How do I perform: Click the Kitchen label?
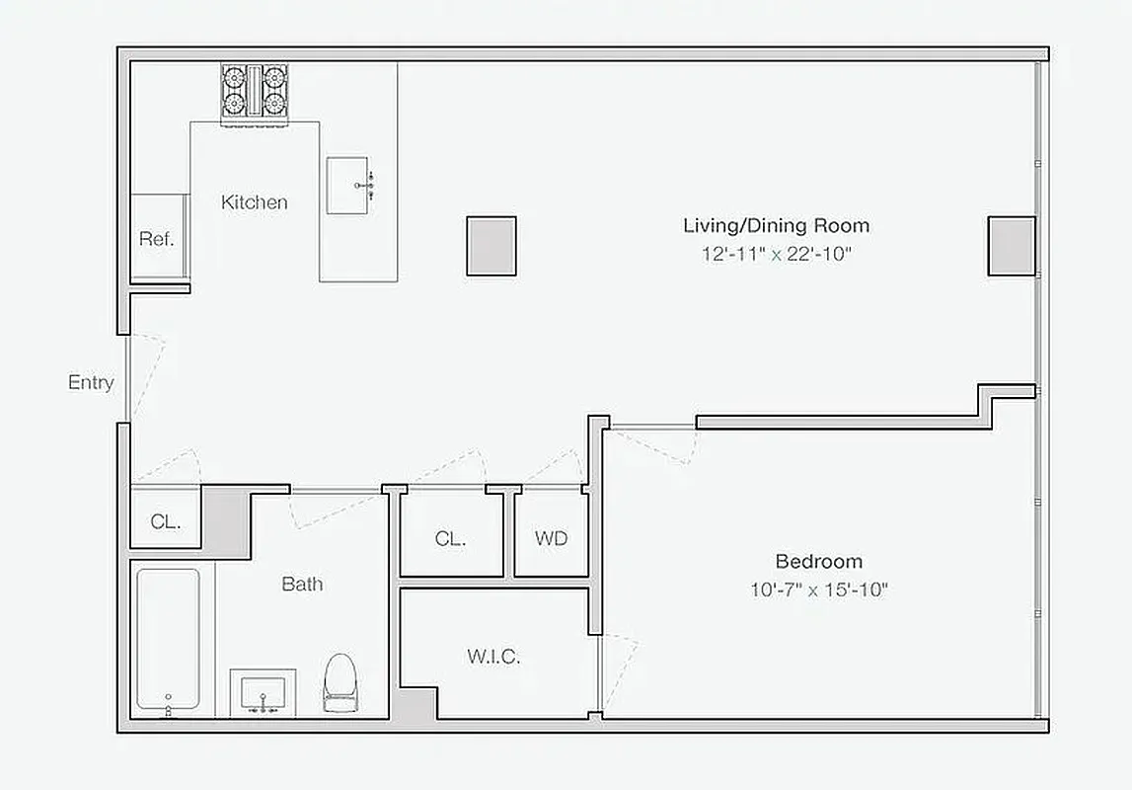(x=255, y=202)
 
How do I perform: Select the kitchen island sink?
(x=350, y=185)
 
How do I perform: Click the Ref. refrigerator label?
(x=156, y=239)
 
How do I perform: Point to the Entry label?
(x=91, y=383)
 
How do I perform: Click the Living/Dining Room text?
(x=776, y=226)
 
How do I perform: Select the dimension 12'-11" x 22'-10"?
(x=776, y=254)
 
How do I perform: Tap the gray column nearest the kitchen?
(x=491, y=246)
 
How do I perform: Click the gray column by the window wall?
(x=1012, y=246)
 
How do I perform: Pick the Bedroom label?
(x=818, y=562)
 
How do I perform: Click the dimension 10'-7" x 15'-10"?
(x=818, y=591)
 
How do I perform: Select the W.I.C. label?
(x=492, y=657)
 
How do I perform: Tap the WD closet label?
(x=552, y=539)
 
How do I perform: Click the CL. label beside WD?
(x=450, y=539)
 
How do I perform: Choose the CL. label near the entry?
(x=166, y=522)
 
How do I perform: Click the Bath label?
(x=302, y=584)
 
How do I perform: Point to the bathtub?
(x=168, y=639)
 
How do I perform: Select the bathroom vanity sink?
(x=263, y=692)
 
